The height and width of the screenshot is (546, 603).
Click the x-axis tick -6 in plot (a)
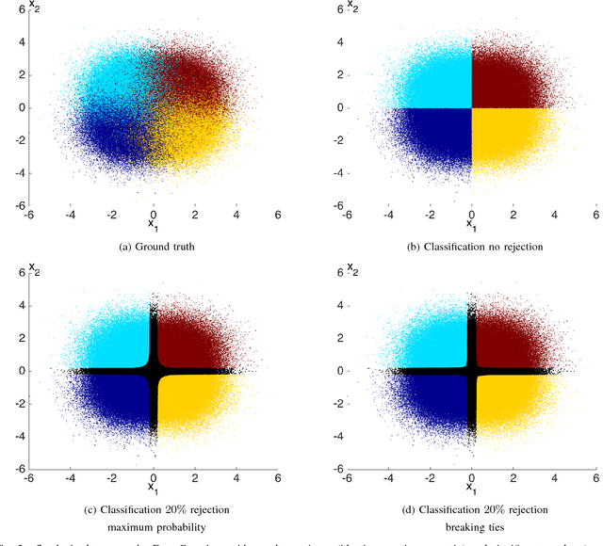coord(29,215)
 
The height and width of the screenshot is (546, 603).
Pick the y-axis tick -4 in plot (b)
coord(334,173)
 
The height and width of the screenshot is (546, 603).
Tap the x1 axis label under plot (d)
coord(471,490)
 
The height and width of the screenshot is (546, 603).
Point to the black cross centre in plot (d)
coord(471,371)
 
